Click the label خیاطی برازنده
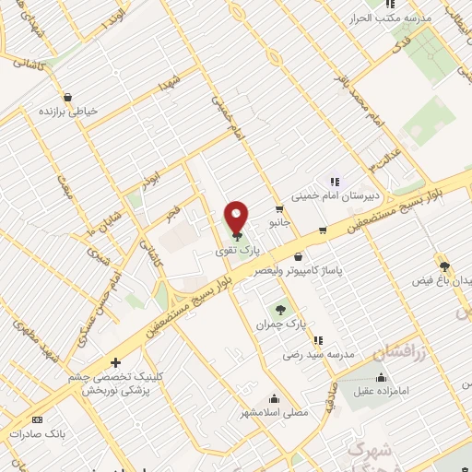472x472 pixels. pyautogui.click(x=66, y=111)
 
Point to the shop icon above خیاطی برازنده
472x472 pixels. pyautogui.click(x=67, y=96)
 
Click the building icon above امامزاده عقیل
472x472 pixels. pyautogui.click(x=382, y=377)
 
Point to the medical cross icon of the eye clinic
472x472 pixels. pyautogui.click(x=114, y=362)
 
